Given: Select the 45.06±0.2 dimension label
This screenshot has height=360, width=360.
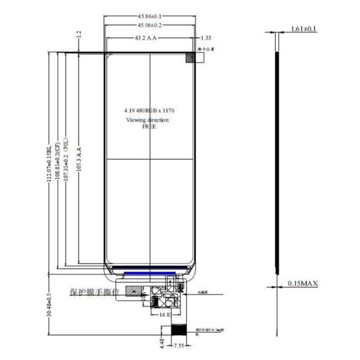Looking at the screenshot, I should tap(150, 26).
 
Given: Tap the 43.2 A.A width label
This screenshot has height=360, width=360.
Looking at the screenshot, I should tap(146, 38).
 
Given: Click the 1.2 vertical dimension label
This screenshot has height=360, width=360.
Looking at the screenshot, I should tap(79, 35).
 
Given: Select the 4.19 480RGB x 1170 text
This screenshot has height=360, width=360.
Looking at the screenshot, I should tap(149, 111).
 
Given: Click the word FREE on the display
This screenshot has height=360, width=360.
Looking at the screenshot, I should tap(149, 127).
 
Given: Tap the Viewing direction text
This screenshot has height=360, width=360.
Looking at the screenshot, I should tap(148, 120).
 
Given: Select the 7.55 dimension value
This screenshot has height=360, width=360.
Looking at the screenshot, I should tap(179, 346).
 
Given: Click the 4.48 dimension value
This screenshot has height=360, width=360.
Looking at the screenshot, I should tap(160, 343).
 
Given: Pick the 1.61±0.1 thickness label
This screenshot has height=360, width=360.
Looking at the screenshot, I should tap(304, 29).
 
